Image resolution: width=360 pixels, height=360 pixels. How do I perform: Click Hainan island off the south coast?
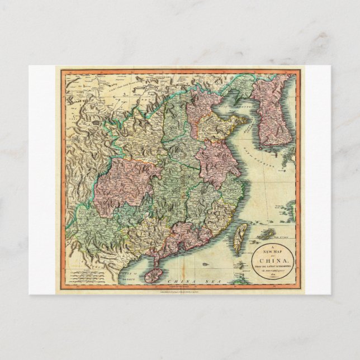155,274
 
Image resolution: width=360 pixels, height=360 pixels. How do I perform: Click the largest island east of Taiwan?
266,234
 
